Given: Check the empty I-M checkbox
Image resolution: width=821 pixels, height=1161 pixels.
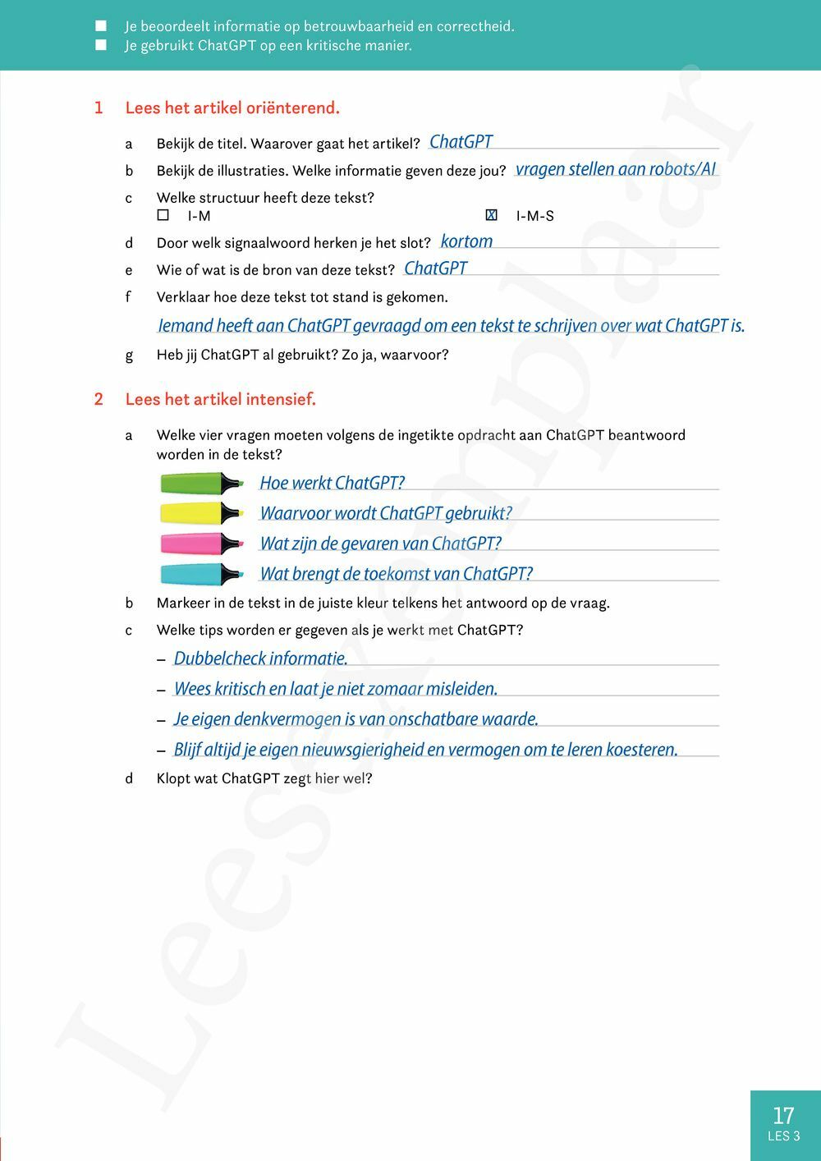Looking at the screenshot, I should tap(163, 215).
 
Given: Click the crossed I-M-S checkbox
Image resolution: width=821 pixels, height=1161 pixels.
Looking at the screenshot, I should tap(491, 215).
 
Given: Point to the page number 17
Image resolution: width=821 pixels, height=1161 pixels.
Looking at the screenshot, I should tap(783, 1115).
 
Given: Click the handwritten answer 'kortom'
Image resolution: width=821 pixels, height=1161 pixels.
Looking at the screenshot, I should tap(466, 241).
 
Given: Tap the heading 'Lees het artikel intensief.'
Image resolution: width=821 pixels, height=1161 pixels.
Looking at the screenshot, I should tap(220, 400).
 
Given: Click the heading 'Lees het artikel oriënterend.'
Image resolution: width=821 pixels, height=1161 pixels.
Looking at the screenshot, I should tap(232, 108).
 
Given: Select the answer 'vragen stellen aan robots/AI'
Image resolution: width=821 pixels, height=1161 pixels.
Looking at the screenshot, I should tap(616, 169).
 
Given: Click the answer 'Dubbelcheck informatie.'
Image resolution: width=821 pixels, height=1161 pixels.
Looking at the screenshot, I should tap(261, 659).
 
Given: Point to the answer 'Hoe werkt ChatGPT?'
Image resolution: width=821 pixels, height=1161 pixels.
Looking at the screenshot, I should tap(333, 483).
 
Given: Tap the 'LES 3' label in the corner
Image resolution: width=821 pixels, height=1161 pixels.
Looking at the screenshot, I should tap(783, 1136).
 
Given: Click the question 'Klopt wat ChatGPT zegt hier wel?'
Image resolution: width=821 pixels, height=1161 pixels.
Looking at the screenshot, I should tap(264, 778).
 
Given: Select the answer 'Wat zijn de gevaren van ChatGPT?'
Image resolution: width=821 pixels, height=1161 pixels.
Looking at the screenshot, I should tap(380, 544).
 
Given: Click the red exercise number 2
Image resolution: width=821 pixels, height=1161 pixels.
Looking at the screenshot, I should tap(99, 400).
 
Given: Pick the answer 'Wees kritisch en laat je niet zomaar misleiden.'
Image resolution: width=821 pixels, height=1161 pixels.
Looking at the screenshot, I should tap(336, 689).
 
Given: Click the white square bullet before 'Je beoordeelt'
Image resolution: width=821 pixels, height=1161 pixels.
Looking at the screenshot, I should tap(101, 26).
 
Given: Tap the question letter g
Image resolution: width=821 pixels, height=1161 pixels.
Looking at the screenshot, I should tap(129, 356).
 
